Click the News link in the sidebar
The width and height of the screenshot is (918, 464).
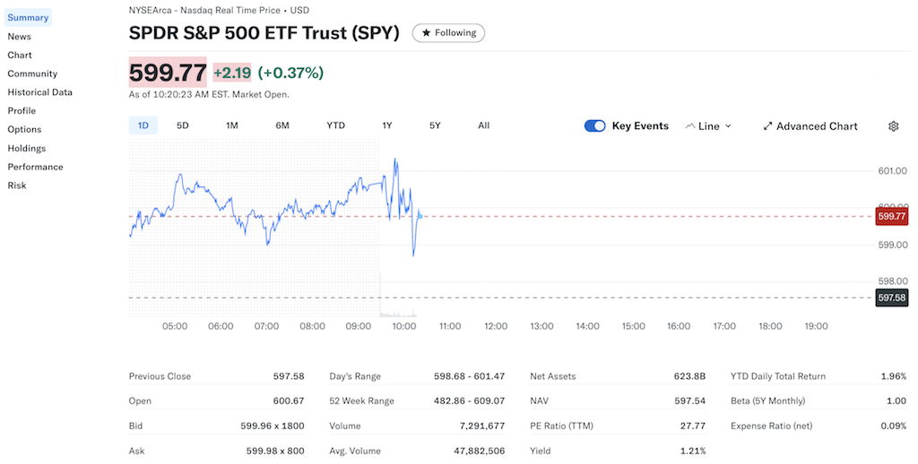[x=19, y=37]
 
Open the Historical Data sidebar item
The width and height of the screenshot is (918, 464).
[x=39, y=92]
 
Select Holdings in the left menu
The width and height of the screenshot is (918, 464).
[x=26, y=148]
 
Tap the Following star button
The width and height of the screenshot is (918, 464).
[x=448, y=33]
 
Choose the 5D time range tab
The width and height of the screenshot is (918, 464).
[x=183, y=125]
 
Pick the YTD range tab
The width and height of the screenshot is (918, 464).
[x=335, y=125]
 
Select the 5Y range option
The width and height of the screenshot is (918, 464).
[x=435, y=125]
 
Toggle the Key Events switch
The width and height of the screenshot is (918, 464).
[x=594, y=126]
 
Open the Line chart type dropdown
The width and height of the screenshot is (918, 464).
[x=708, y=126]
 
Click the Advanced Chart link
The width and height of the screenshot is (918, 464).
[x=810, y=126]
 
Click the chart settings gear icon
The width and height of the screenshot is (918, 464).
[x=893, y=126]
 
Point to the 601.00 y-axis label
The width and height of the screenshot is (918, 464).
[x=892, y=170]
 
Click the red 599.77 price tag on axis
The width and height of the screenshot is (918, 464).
[x=892, y=216]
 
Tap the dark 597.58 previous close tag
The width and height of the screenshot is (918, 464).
[x=892, y=297]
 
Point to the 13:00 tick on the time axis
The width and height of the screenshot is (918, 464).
[x=541, y=327]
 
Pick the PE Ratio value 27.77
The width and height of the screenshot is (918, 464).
[x=693, y=426]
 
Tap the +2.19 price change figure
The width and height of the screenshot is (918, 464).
[x=231, y=73]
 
